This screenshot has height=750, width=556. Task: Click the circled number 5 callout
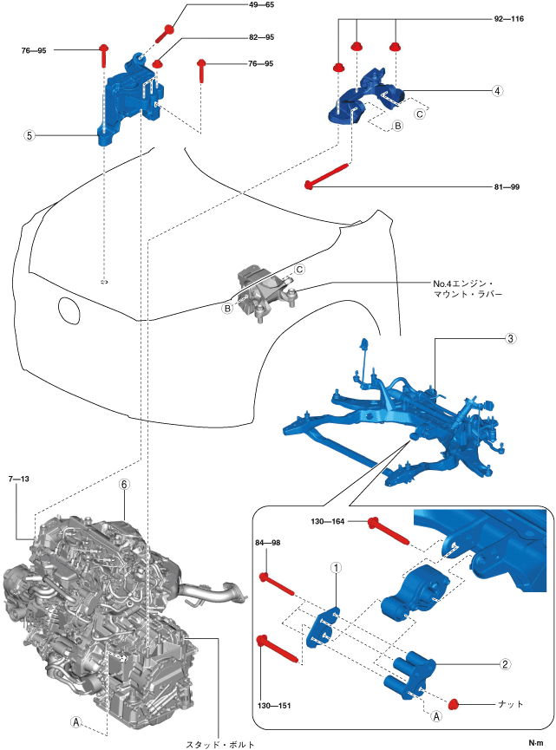click(x=29, y=136)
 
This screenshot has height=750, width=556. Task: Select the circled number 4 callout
click(x=497, y=90)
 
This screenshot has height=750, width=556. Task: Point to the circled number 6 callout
click(x=124, y=486)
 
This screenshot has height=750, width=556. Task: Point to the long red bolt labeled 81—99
click(x=330, y=173)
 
